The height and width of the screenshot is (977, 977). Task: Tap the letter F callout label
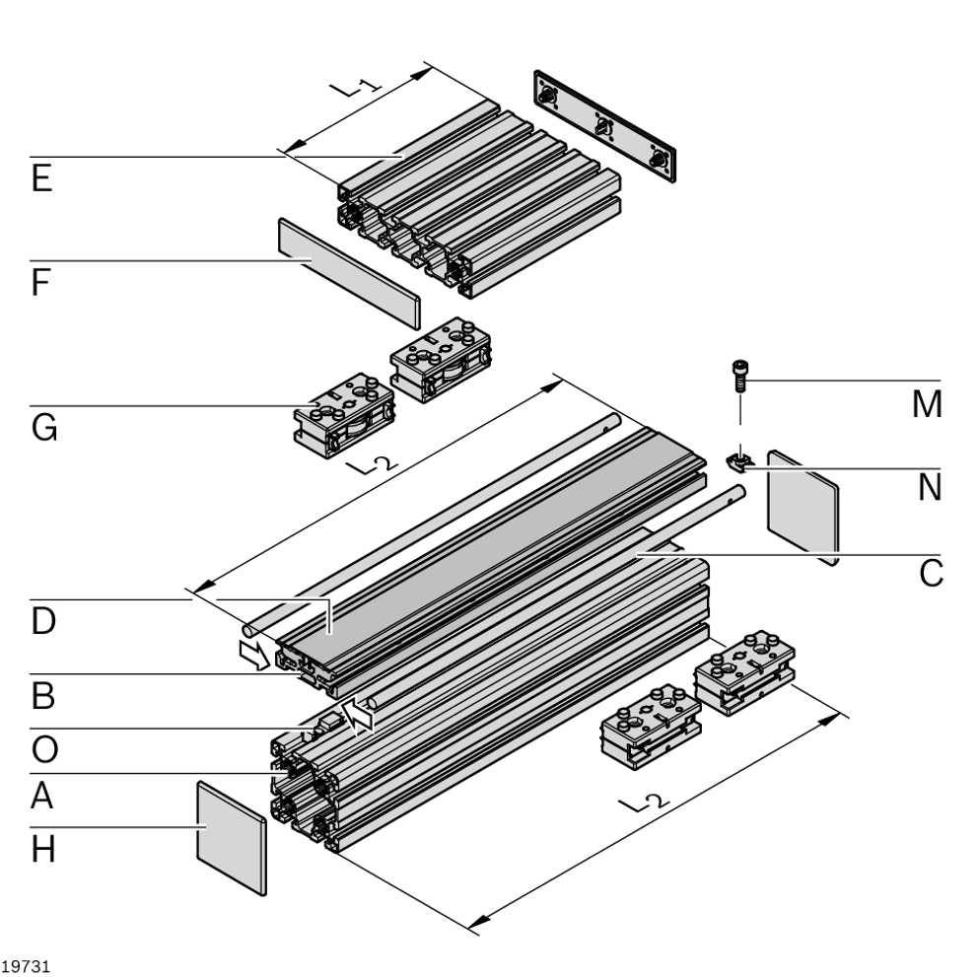[x=41, y=285]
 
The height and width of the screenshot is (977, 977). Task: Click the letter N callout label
[x=927, y=487]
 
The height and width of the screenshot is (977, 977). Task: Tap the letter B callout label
[x=41, y=698]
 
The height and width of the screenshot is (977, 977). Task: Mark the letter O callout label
[x=42, y=750]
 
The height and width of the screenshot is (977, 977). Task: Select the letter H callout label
[x=42, y=849]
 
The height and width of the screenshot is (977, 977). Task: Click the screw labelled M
[x=736, y=375]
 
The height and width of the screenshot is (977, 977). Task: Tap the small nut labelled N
[x=738, y=458]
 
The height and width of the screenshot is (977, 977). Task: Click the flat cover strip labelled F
[x=348, y=272]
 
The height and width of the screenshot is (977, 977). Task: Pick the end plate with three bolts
[x=605, y=126]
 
